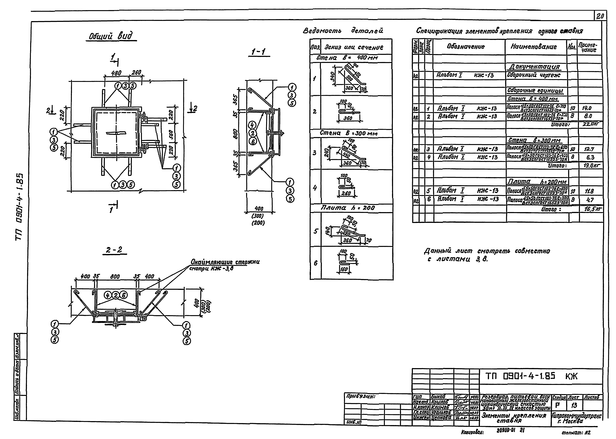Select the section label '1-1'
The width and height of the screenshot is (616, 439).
[x=259, y=51]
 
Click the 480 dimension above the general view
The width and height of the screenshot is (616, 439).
[x=116, y=73]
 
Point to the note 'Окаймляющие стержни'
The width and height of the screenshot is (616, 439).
[x=225, y=262]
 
